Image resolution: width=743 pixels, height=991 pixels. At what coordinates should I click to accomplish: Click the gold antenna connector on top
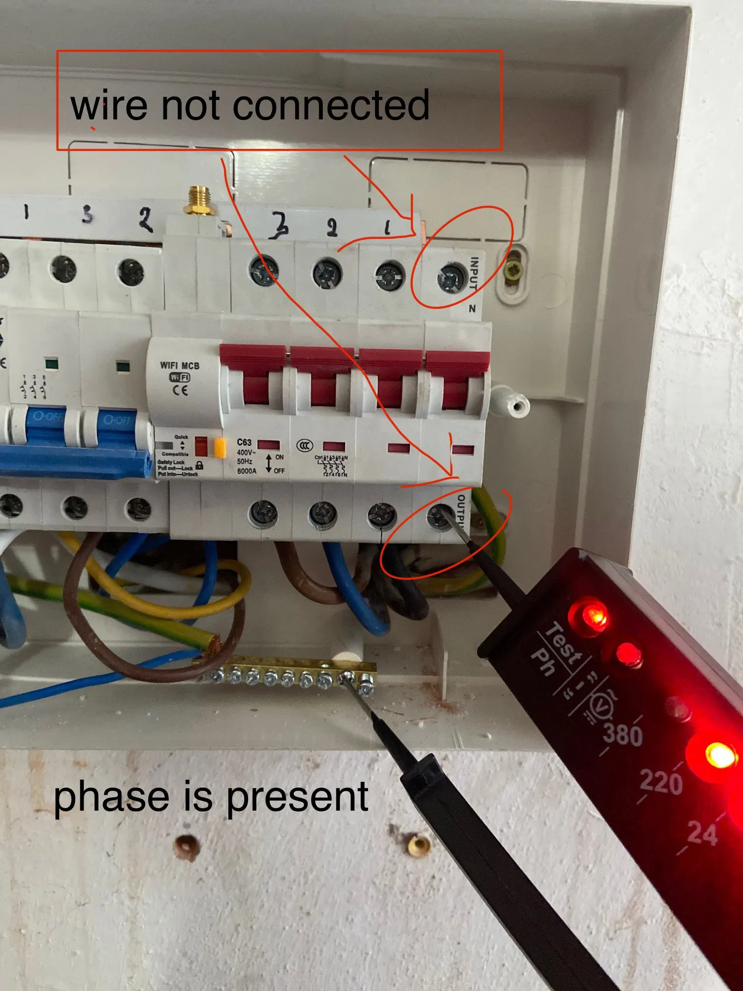[199, 201]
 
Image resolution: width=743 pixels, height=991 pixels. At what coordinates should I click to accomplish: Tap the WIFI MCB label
[179, 366]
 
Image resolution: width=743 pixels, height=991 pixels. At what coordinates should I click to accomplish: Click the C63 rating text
[244, 442]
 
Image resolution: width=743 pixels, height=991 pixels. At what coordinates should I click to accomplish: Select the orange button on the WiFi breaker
[220, 447]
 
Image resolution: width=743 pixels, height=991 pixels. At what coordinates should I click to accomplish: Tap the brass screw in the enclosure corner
[513, 271]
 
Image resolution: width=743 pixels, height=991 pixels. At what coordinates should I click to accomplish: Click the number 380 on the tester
[623, 734]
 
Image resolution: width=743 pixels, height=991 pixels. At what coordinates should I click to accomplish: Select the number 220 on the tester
[661, 782]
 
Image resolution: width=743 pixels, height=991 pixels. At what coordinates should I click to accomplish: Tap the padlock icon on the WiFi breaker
[199, 465]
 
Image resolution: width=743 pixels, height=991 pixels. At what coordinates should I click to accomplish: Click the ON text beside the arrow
[280, 457]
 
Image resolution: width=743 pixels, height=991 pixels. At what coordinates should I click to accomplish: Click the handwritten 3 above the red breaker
[280, 225]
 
